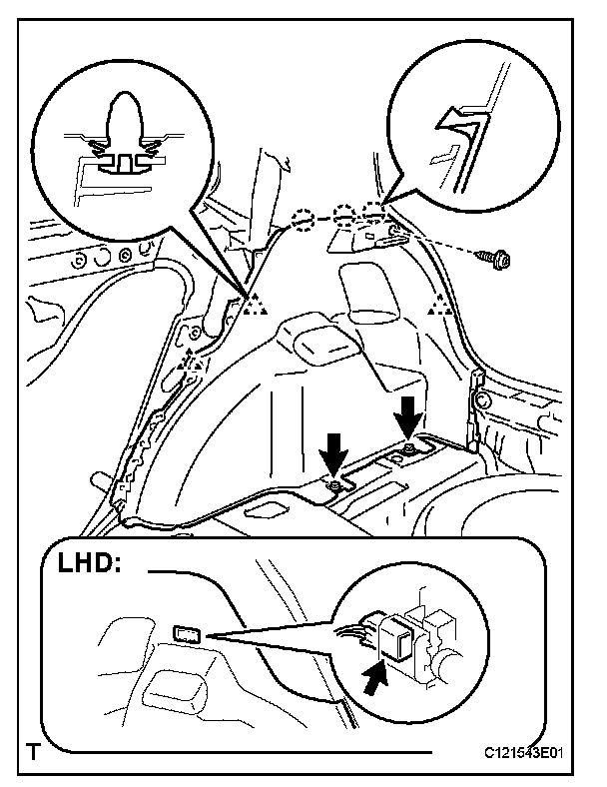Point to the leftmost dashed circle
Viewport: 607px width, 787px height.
(304, 220)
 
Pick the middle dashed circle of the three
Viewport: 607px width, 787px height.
(345, 217)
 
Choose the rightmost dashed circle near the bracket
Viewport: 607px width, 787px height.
(374, 214)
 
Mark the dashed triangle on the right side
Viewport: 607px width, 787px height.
(437, 307)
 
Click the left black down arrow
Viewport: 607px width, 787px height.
(335, 456)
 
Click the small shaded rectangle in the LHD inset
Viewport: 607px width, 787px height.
(189, 633)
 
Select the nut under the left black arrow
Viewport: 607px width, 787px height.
(336, 486)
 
